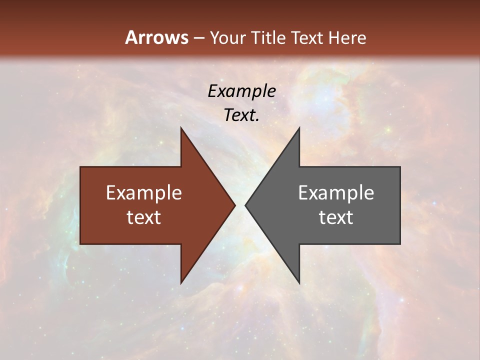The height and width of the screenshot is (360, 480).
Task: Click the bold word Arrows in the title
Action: point(156,37)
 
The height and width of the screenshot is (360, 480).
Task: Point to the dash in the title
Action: point(199,38)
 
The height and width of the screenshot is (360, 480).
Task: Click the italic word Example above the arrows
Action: point(242,91)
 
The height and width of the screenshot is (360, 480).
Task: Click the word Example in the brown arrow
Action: point(144,193)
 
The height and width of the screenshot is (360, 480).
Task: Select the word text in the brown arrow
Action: point(144,217)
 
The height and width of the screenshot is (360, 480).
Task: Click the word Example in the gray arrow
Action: point(336,193)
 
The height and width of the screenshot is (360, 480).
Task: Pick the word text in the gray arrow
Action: point(336,217)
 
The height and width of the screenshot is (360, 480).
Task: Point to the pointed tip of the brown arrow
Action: point(235,205)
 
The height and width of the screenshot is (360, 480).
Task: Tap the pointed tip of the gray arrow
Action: point(245,205)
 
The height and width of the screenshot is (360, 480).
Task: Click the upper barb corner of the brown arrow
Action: point(181,128)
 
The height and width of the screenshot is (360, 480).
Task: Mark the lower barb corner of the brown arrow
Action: point(181,283)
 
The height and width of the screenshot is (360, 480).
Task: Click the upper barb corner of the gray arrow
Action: point(299,128)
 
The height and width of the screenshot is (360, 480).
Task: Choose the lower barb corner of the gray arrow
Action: point(299,283)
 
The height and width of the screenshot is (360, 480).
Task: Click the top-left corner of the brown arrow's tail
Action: point(80,167)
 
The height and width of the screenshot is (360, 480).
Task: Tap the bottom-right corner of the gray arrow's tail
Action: point(400,244)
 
